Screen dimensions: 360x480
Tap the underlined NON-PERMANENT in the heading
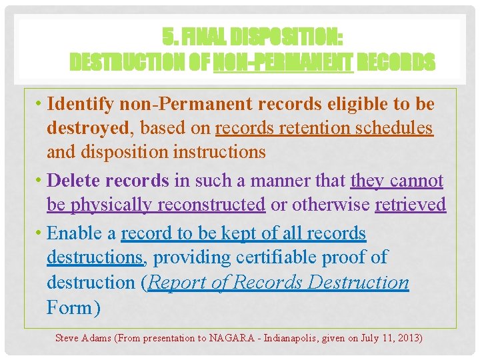click(x=283, y=63)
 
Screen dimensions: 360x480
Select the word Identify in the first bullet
click(x=83, y=104)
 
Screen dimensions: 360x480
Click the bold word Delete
click(x=75, y=180)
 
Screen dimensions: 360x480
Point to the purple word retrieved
click(x=410, y=205)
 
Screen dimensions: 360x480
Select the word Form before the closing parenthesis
click(x=69, y=307)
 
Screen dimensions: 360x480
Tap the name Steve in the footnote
click(x=67, y=338)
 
